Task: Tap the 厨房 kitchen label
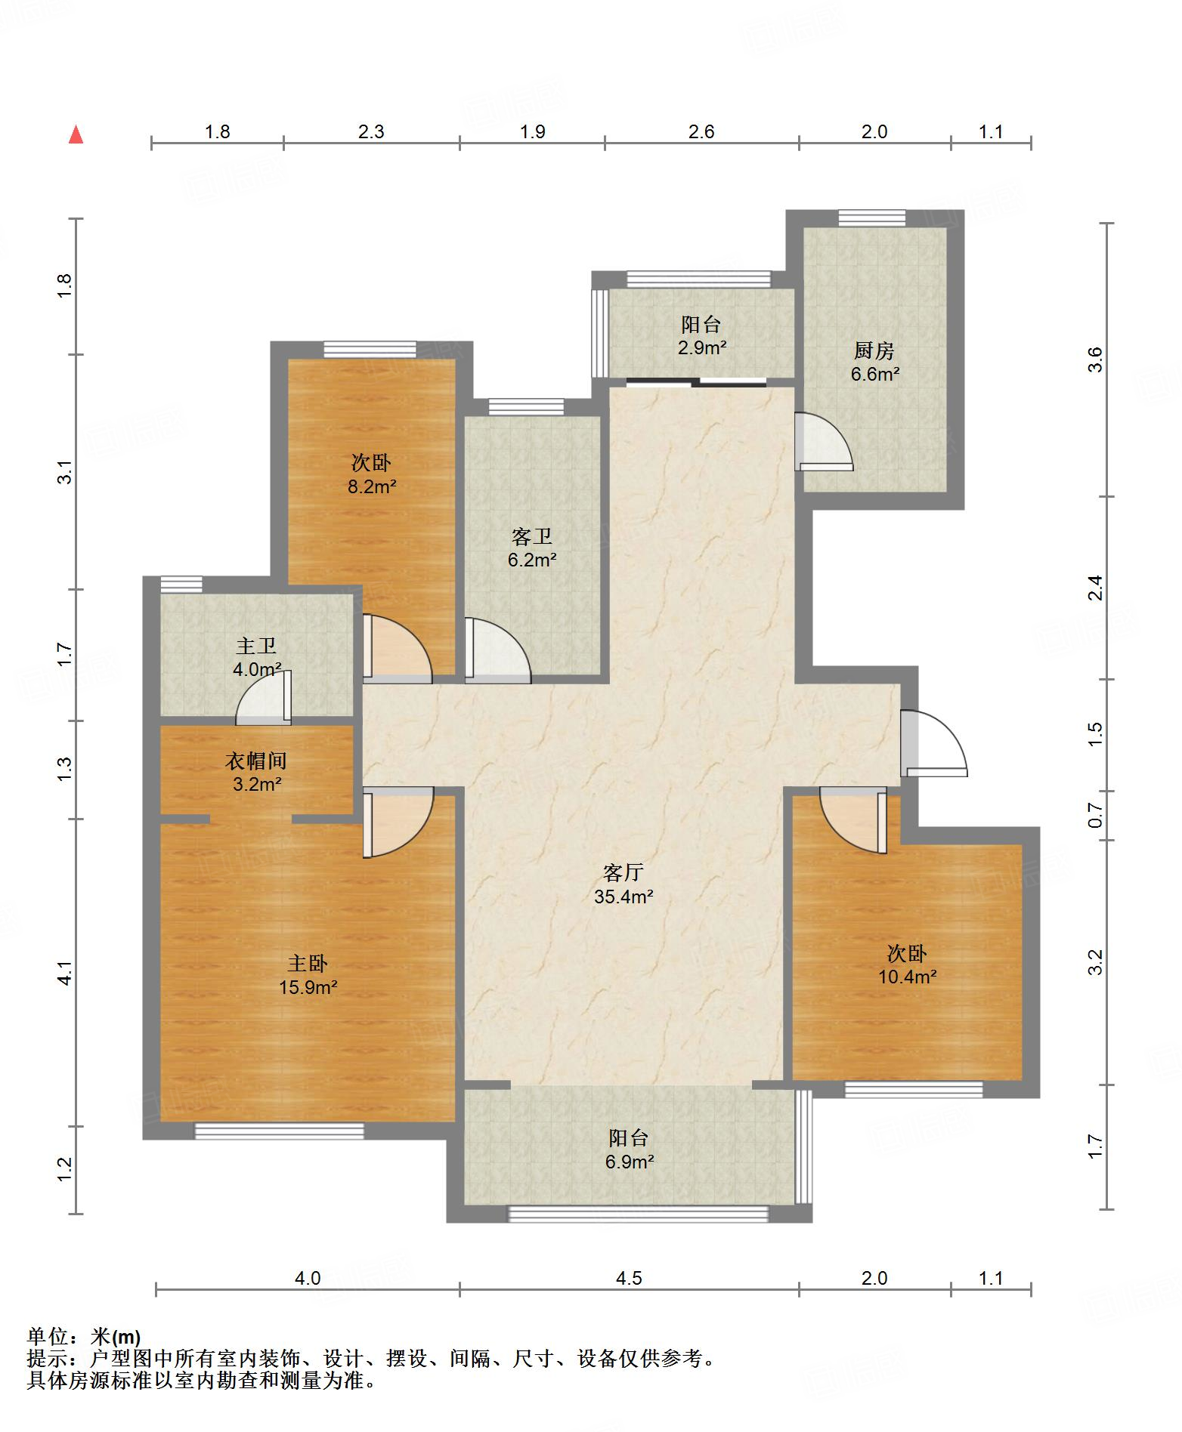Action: click(874, 350)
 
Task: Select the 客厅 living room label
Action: click(623, 873)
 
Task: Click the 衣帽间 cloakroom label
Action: click(256, 761)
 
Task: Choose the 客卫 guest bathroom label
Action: click(532, 537)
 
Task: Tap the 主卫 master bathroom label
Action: click(256, 646)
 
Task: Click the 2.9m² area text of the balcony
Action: click(702, 348)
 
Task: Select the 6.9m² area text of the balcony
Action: click(629, 1162)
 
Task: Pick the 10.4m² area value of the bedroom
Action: click(907, 977)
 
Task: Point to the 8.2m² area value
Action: click(372, 486)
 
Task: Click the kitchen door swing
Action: click(824, 442)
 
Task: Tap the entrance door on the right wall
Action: click(933, 744)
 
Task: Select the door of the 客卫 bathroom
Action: click(498, 650)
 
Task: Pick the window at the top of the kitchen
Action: click(871, 218)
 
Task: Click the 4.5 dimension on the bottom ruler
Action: click(629, 1278)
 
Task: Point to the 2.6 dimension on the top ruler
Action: click(701, 131)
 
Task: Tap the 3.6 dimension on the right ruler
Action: click(1097, 360)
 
